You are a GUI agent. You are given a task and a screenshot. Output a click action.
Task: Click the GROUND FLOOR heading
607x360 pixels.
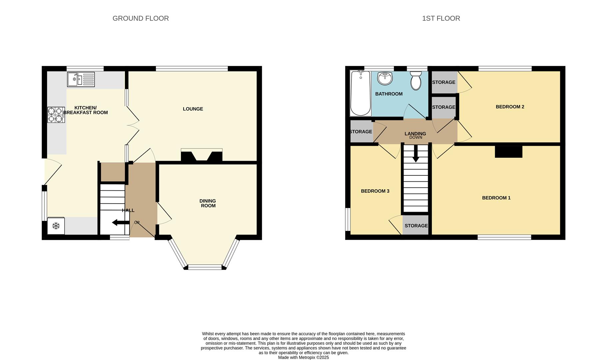(141, 18)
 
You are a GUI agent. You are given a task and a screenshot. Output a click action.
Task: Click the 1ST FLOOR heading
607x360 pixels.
(441, 18)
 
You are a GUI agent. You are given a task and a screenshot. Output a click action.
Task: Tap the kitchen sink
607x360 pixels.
(81, 79)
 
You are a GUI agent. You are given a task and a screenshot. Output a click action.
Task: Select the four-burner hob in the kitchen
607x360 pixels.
(56, 115)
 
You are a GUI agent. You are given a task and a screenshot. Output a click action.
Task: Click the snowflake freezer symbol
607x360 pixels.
(56, 226)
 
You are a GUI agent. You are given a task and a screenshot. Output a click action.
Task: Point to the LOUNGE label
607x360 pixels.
(193, 109)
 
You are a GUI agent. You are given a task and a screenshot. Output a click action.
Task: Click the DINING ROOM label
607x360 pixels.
(208, 203)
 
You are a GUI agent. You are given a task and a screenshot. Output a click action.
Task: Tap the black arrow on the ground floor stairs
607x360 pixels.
(121, 223)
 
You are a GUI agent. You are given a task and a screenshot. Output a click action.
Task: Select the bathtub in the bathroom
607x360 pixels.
(360, 93)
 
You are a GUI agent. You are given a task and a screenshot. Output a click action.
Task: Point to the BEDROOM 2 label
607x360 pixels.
(510, 107)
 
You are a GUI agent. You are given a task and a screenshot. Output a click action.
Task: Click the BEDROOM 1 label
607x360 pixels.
(496, 198)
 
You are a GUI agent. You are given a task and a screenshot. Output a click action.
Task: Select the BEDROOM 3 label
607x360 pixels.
(375, 191)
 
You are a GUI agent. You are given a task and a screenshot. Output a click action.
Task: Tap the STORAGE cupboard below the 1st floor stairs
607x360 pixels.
(415, 225)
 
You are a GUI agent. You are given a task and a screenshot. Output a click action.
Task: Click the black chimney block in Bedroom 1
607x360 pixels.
(508, 152)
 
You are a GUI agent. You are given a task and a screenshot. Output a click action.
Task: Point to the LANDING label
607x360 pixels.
(415, 134)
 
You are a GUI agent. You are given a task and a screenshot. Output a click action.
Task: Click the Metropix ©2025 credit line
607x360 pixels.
(303, 357)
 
